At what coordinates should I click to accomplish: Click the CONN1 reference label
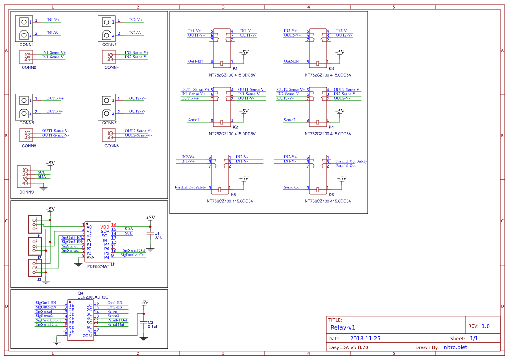[x=27, y=44]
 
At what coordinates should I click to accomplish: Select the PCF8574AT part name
[x=98, y=266]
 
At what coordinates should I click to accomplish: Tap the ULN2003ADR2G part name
[x=93, y=297]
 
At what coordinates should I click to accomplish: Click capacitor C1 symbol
[x=150, y=234]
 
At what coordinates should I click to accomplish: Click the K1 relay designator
[x=235, y=69]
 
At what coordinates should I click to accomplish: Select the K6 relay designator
[x=331, y=195]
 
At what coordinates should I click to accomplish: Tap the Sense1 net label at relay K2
[x=194, y=120]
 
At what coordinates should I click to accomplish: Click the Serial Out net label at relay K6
[x=292, y=187]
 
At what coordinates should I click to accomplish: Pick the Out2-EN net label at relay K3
[x=291, y=61]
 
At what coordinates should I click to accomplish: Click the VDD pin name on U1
[x=105, y=227]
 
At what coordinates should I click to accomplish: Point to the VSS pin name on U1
[x=90, y=258]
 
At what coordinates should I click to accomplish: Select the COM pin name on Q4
[x=88, y=336]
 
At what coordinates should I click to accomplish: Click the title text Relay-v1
[x=343, y=327]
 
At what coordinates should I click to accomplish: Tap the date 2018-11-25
[x=365, y=338]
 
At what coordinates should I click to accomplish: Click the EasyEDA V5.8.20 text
[x=348, y=347]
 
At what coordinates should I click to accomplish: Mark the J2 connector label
[x=39, y=258]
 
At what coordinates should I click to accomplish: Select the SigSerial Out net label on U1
[x=134, y=250]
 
